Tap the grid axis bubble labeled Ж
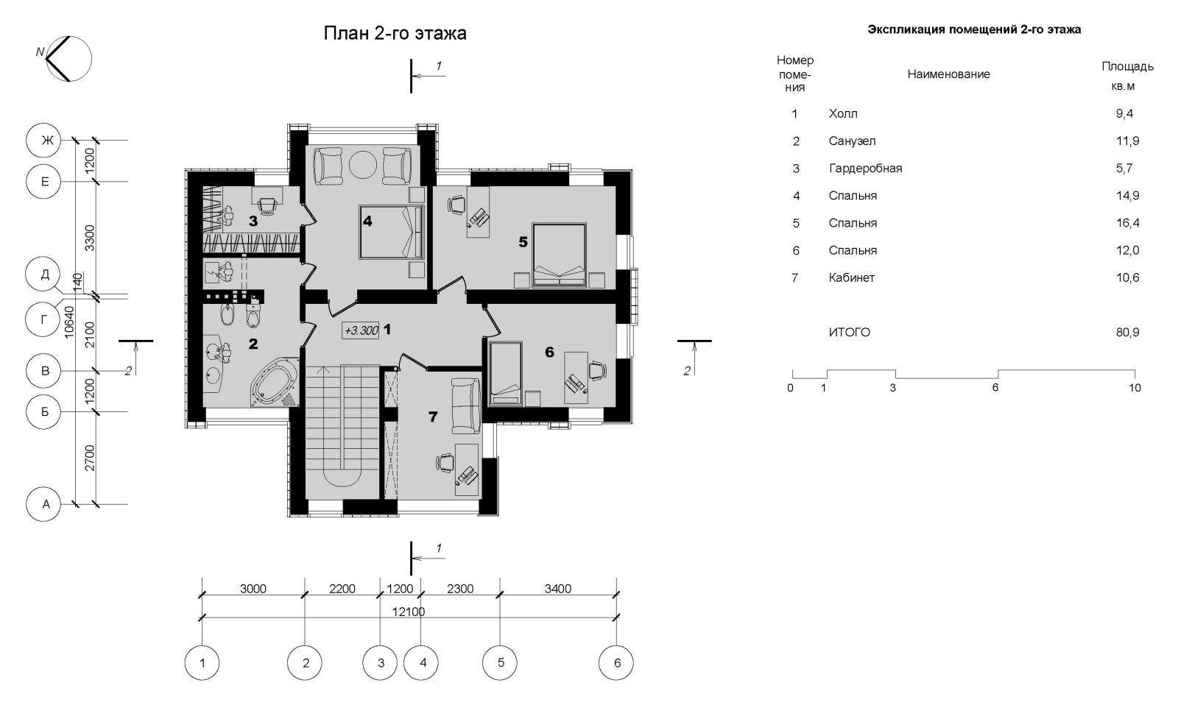click(x=44, y=141)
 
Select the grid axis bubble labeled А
click(x=44, y=504)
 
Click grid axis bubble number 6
click(x=616, y=663)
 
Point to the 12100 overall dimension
click(x=409, y=612)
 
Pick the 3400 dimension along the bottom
click(x=558, y=589)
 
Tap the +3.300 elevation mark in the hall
click(x=361, y=330)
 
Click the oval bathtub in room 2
click(x=273, y=382)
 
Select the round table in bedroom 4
click(x=362, y=166)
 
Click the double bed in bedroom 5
click(x=559, y=255)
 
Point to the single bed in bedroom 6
click(x=505, y=373)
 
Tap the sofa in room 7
click(x=466, y=406)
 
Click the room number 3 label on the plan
click(x=253, y=222)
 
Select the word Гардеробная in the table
click(x=866, y=169)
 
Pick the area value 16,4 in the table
click(x=1127, y=223)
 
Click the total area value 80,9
click(x=1127, y=332)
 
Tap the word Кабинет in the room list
click(x=851, y=277)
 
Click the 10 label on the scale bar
click(x=1135, y=388)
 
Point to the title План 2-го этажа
click(x=395, y=34)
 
